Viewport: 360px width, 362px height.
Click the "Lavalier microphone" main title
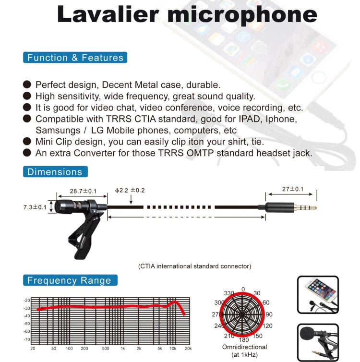coord(187,14)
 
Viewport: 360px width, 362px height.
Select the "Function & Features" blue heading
coord(75,58)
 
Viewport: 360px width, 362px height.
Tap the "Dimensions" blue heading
coord(55,172)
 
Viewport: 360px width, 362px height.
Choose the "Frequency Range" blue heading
coord(69,280)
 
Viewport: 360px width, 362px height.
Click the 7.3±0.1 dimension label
coord(35,207)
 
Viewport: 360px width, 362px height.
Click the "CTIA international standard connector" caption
coord(194,266)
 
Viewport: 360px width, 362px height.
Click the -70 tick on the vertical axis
coord(27,339)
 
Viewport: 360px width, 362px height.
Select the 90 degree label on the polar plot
coord(269,314)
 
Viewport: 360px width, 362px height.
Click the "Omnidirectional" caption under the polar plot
coord(242,347)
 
